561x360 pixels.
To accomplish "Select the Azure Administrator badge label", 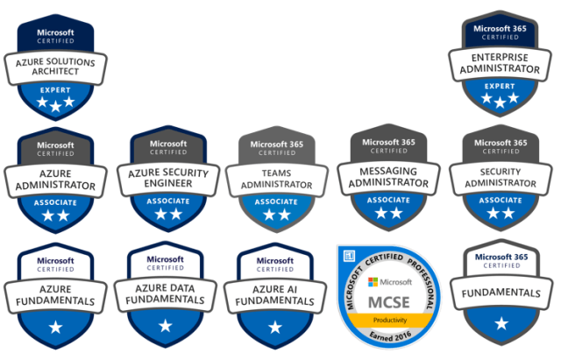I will point(56,180).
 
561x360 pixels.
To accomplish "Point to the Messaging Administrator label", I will point(389,178).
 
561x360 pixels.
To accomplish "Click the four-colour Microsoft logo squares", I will point(374,282).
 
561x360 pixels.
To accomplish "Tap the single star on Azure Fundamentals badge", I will point(55,327).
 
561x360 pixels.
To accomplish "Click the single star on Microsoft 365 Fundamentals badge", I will point(501,323).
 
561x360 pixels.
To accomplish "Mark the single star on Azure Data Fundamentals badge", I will point(167,327).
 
